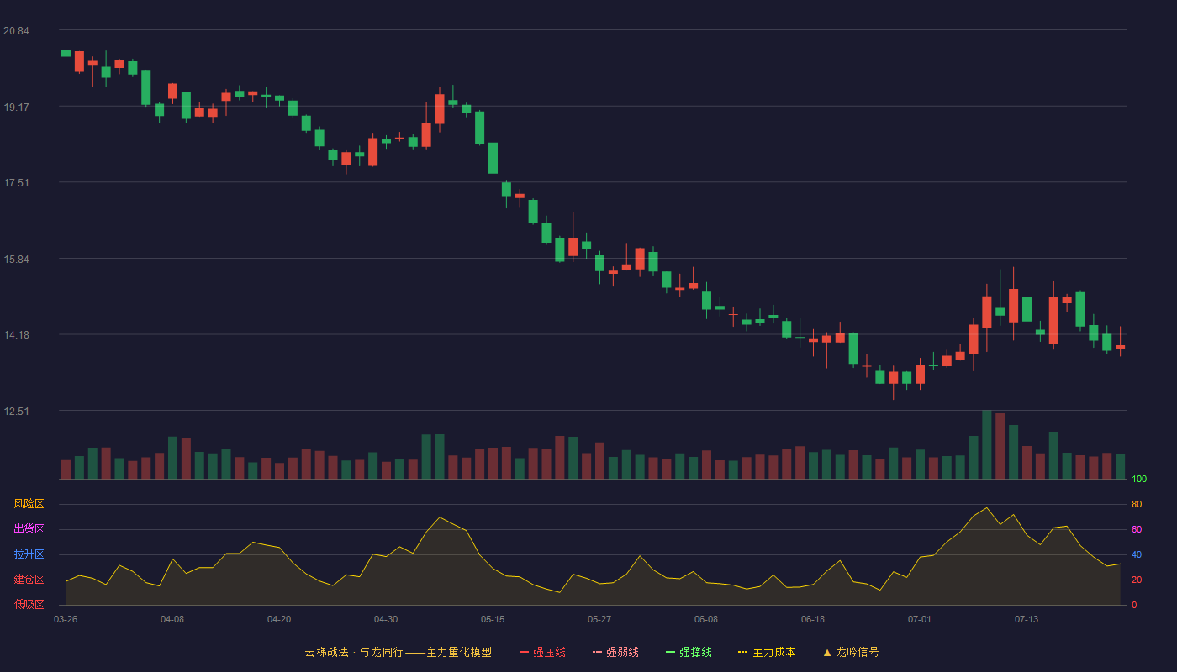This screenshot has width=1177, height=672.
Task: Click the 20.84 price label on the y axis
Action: tap(16, 31)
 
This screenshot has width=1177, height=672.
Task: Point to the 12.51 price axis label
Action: tap(16, 411)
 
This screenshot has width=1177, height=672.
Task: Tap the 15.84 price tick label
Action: tap(16, 260)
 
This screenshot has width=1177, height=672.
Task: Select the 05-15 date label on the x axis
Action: tap(493, 620)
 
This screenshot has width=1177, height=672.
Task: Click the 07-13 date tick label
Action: tap(1027, 620)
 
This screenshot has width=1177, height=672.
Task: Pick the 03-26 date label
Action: tap(66, 620)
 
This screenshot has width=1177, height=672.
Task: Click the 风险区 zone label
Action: tap(29, 504)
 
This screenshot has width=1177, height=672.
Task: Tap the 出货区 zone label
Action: tap(29, 528)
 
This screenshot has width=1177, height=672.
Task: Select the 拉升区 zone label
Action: tap(29, 554)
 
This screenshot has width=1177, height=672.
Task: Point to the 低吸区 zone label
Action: tap(29, 604)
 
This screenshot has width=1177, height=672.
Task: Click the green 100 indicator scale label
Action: tap(1139, 479)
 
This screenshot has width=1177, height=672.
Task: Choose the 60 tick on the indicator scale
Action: tap(1137, 529)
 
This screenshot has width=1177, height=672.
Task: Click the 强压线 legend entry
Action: tap(542, 652)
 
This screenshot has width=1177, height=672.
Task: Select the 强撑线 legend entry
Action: tap(689, 652)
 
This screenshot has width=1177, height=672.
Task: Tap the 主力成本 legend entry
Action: tap(767, 652)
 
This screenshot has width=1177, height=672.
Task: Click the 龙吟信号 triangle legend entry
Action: tap(851, 652)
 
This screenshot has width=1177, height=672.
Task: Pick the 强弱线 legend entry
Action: tap(615, 652)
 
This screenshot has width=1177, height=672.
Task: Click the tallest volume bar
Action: tap(987, 444)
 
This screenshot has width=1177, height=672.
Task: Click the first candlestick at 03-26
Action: tap(66, 52)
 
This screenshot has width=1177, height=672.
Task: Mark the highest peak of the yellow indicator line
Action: tap(987, 507)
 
